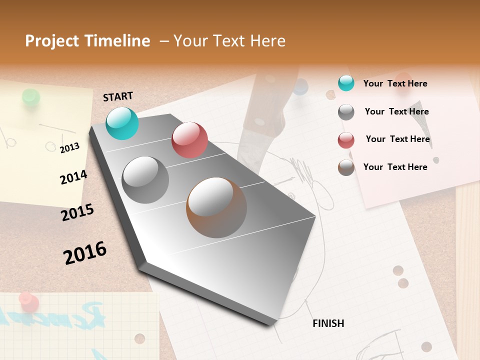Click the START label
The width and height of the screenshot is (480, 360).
[x=118, y=96]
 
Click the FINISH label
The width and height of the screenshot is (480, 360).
[x=328, y=323]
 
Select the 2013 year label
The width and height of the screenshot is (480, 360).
[x=69, y=147]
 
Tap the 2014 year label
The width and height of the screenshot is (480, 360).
[x=73, y=177]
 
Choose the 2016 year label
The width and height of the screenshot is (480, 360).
[x=85, y=252]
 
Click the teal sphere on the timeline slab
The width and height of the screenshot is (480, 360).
[x=122, y=123]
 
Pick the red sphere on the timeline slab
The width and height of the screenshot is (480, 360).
[x=189, y=140]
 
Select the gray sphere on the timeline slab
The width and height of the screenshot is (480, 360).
[x=145, y=180]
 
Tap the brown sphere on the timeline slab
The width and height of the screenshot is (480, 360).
[x=216, y=207]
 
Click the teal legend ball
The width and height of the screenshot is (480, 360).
[x=346, y=83]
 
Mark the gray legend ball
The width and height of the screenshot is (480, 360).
[x=346, y=112]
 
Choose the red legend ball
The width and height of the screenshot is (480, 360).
[x=346, y=140]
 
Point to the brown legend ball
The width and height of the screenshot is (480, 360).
[x=346, y=167]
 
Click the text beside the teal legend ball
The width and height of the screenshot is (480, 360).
[x=395, y=83]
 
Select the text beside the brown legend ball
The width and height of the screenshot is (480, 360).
[x=395, y=167]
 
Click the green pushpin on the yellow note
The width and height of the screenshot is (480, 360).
[x=31, y=97]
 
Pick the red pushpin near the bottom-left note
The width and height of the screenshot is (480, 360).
[x=28, y=302]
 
